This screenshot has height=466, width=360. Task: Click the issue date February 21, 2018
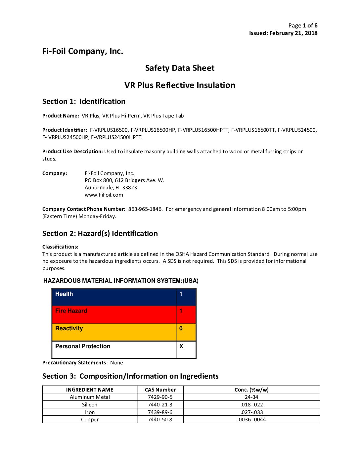coord(293,33)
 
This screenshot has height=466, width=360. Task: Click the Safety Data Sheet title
coord(180,68)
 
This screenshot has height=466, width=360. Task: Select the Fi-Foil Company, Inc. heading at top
coord(83,51)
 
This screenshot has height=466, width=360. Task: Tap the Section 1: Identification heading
coord(84,102)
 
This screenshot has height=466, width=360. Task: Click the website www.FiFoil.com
coord(104,195)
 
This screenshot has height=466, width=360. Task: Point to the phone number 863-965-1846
coord(145,209)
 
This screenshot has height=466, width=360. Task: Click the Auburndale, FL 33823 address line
coord(111,188)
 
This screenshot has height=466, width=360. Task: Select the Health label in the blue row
coord(64,294)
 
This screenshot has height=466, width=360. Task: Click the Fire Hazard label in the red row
coord(71,311)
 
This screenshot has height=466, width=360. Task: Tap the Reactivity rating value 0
coord(181,328)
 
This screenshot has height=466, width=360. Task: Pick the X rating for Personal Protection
coord(181,346)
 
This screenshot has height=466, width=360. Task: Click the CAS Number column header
coord(160,390)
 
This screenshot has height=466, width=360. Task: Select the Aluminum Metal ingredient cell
coord(90,397)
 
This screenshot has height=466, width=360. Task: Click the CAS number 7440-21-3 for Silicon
coord(160,405)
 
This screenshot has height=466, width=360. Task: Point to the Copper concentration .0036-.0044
coord(251,420)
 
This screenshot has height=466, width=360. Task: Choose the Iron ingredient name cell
coord(90,412)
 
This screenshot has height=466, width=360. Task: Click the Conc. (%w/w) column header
coord(251,390)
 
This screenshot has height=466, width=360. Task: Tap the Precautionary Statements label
coord(74,363)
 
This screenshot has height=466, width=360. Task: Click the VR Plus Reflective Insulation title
coord(180,85)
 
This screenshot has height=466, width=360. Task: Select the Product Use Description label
coord(72,152)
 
